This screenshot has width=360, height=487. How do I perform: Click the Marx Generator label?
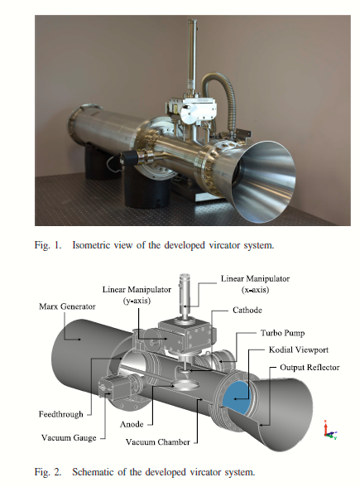[67, 306]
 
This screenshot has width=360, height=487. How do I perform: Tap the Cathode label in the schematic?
[247, 310]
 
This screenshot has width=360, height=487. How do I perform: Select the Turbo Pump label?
[283, 333]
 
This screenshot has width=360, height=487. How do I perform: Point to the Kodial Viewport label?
[299, 350]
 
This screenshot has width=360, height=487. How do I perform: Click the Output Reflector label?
[310, 368]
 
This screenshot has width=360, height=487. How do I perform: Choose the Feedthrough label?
[61, 414]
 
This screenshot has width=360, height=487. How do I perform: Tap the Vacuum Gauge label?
[69, 438]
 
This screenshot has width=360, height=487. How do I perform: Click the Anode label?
[132, 424]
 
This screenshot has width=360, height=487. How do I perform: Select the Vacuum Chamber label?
[157, 442]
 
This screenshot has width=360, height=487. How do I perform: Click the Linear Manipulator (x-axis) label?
[255, 284]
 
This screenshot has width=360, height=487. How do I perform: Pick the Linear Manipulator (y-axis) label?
[137, 295]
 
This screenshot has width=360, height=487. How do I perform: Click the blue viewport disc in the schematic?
[237, 398]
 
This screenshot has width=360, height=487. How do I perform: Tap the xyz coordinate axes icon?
[330, 430]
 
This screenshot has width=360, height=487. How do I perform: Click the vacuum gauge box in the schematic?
[114, 386]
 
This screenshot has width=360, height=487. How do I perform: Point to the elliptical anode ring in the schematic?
[185, 385]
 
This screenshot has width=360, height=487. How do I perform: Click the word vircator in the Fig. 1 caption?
[225, 245]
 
